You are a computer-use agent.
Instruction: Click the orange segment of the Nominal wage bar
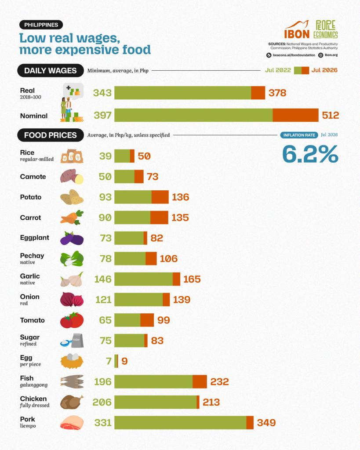click(x=295, y=115)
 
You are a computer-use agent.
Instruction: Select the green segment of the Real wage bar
click(x=183, y=93)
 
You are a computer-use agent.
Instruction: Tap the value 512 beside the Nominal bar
click(x=331, y=115)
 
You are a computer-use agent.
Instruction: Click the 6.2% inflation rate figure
click(x=310, y=154)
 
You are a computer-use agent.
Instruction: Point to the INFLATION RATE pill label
click(x=299, y=135)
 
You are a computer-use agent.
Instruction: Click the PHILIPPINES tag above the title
click(x=41, y=25)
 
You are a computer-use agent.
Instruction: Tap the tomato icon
click(x=72, y=320)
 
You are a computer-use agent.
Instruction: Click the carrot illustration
click(x=72, y=217)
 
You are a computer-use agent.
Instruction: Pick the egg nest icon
click(x=72, y=361)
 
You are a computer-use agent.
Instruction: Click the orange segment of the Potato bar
click(x=160, y=197)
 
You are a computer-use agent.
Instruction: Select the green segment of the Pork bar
click(x=180, y=422)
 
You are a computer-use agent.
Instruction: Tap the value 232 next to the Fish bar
click(x=219, y=381)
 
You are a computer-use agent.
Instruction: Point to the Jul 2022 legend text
click(x=278, y=70)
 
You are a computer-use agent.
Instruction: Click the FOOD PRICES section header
click(x=50, y=135)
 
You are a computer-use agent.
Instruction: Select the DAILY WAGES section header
click(x=50, y=71)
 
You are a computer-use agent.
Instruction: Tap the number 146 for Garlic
click(x=103, y=279)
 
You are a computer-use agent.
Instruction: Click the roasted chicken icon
click(x=72, y=402)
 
